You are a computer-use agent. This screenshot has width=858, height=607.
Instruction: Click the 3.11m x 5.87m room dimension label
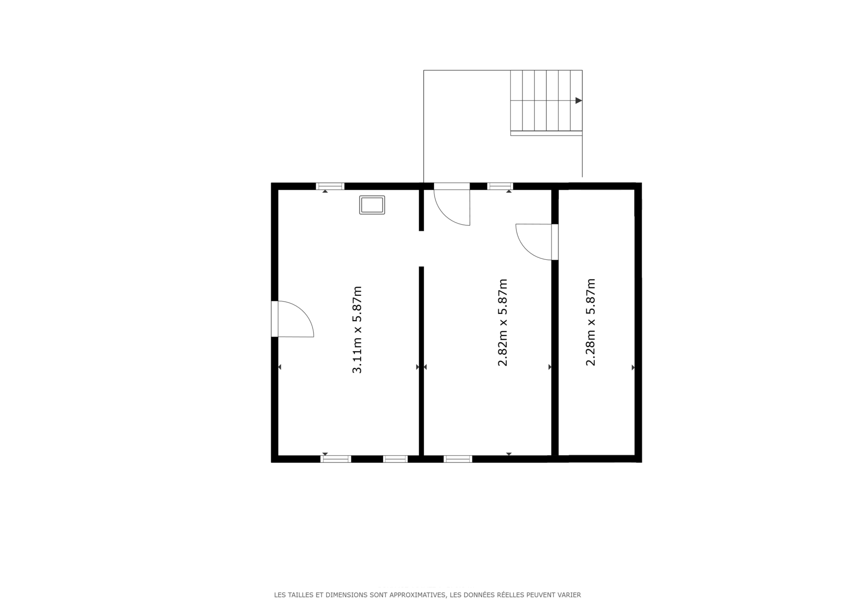(x=357, y=329)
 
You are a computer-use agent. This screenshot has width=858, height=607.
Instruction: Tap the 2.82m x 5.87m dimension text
(x=502, y=322)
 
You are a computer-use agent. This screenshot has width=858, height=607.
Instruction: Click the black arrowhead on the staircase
(x=578, y=101)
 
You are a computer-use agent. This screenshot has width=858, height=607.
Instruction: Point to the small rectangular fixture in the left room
(x=372, y=205)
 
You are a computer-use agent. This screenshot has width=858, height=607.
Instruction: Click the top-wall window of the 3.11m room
(x=330, y=186)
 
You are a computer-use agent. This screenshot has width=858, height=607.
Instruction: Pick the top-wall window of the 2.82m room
(x=500, y=186)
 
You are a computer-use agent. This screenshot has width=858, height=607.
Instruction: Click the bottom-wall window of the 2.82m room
(x=458, y=459)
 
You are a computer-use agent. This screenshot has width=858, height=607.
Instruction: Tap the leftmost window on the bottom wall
(x=336, y=459)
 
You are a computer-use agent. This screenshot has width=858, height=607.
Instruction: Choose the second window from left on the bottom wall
(x=395, y=459)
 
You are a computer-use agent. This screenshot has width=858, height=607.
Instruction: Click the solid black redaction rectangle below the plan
(x=425, y=514)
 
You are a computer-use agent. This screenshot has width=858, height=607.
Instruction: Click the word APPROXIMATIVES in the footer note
(x=418, y=595)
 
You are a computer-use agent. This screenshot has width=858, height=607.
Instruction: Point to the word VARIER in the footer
(x=569, y=595)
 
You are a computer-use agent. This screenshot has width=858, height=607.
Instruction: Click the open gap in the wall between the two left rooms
(x=421, y=249)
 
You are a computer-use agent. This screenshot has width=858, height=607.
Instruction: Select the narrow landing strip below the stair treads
(x=546, y=133)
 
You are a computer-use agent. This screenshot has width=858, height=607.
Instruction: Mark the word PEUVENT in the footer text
(x=540, y=595)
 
